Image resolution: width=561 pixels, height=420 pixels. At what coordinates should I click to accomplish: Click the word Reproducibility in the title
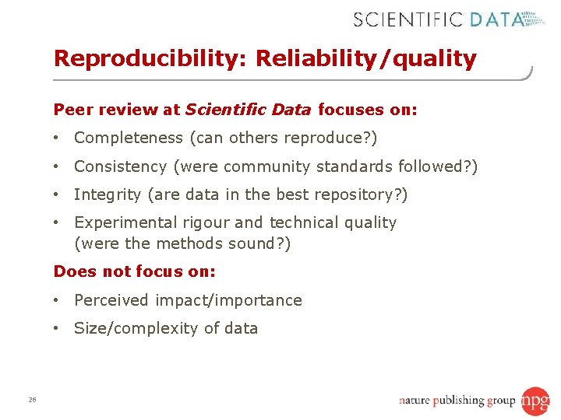tap(149, 59)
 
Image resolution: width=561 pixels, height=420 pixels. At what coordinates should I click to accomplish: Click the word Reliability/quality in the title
tap(365, 59)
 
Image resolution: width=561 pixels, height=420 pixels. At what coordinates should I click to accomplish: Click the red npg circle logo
tap(535, 401)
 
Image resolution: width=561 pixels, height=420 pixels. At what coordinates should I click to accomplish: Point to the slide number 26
tap(32, 400)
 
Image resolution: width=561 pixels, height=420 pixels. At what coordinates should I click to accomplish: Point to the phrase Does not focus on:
tap(134, 271)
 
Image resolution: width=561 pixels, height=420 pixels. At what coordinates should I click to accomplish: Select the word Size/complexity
tap(136, 328)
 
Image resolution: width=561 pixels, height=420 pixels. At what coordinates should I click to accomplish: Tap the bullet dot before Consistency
tap(58, 166)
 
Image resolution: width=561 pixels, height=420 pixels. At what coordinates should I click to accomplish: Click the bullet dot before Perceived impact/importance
tap(58, 300)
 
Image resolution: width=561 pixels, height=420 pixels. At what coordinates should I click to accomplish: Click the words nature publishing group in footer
tap(457, 401)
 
